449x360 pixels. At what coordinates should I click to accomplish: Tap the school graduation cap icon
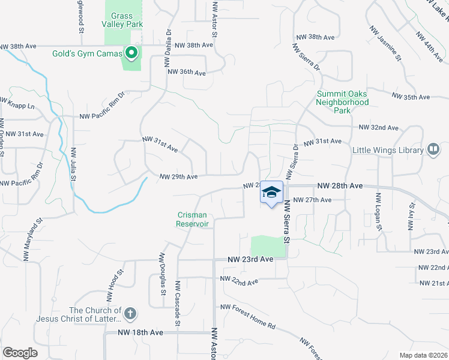coord(271,192)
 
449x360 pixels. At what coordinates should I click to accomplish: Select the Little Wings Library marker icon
coord(433,150)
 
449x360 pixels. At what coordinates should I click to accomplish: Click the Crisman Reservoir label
coord(193,219)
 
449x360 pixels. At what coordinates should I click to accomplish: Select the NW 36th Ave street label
coord(187,72)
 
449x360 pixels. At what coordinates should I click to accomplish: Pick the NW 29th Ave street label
coord(178,177)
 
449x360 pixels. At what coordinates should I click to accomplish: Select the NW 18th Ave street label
coord(140,332)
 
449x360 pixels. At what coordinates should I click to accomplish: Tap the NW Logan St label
coord(378,211)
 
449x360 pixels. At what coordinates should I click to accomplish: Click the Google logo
coord(20,353)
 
